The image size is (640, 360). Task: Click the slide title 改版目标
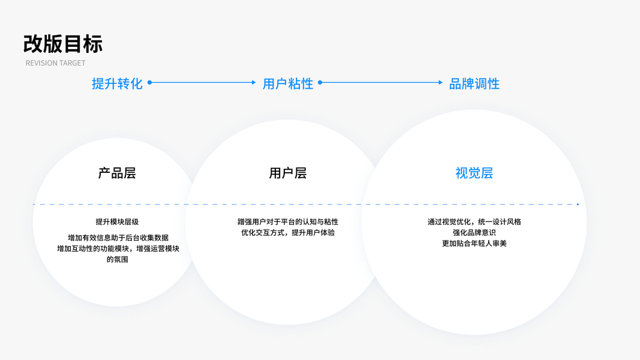[63, 44]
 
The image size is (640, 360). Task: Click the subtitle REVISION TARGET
[55, 63]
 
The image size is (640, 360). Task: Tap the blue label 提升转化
[117, 83]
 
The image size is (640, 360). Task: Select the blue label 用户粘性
[288, 83]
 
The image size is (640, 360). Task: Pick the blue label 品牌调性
[474, 83]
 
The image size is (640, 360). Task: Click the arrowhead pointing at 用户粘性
[254, 83]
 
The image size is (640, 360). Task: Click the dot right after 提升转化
[149, 83]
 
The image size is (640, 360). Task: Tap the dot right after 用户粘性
[320, 83]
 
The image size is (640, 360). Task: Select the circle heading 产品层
[117, 173]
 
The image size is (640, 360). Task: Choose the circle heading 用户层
[288, 173]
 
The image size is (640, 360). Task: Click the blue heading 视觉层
[474, 173]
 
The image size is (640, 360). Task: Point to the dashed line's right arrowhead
[578, 205]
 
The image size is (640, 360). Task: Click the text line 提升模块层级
[117, 222]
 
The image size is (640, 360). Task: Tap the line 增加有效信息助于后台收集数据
[118, 238]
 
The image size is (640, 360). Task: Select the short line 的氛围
[117, 259]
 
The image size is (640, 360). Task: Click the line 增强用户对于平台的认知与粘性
[288, 222]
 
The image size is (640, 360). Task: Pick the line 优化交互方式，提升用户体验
[288, 233]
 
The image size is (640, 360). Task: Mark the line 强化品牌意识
[474, 233]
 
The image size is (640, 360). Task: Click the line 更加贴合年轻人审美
[474, 244]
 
